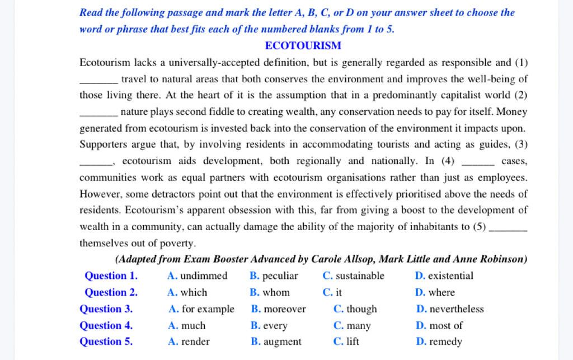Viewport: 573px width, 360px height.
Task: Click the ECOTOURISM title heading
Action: click(x=303, y=46)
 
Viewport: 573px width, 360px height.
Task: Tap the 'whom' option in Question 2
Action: click(x=276, y=292)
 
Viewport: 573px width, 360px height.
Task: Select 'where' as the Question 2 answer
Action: click(x=442, y=292)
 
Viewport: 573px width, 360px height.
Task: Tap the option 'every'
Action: click(x=275, y=325)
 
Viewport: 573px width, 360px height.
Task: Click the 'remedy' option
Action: click(x=445, y=342)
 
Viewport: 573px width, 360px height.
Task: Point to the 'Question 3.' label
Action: click(x=106, y=309)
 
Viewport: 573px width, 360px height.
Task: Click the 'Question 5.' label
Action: click(x=106, y=342)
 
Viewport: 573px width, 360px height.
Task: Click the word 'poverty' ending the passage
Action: click(x=179, y=244)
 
